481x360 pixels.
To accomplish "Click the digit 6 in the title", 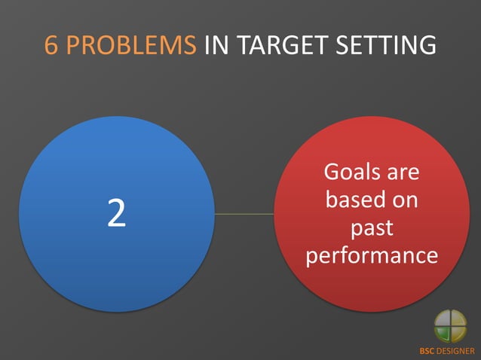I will click(x=51, y=45).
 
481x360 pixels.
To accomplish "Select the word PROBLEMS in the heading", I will click(x=131, y=45).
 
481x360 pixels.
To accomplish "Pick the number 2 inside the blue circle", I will click(x=116, y=215).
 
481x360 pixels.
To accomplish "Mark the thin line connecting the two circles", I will click(x=244, y=214).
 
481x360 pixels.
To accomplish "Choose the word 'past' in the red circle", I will click(x=372, y=228).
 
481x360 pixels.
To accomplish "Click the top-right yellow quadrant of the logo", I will click(x=458, y=319).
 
